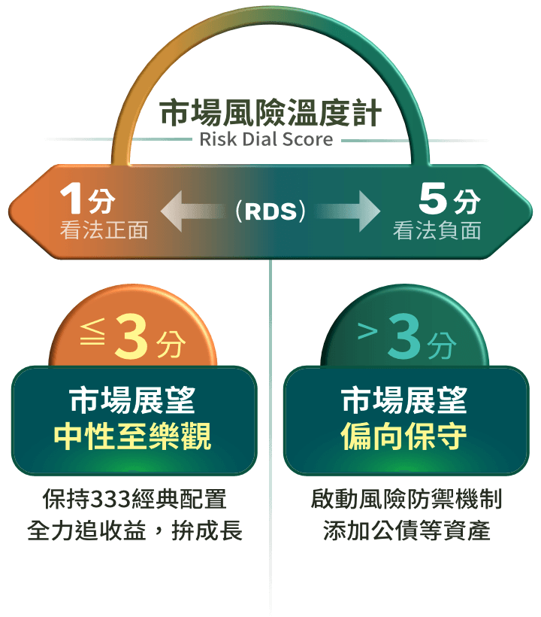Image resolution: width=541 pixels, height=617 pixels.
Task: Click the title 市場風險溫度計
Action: tap(270, 115)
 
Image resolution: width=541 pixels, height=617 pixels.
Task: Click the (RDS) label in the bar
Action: tap(270, 212)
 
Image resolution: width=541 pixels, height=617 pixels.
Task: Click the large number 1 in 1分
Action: tap(72, 200)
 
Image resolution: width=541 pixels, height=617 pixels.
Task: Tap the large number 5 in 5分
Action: tap(434, 200)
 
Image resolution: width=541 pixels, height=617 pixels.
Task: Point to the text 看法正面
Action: tap(104, 230)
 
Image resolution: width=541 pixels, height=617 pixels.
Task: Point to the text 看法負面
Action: tap(437, 230)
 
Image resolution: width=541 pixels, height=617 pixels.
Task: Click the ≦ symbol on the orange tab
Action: tap(93, 336)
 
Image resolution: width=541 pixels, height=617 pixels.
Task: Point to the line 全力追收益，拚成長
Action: tap(134, 531)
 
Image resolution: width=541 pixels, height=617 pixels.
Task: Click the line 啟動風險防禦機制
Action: tap(407, 499)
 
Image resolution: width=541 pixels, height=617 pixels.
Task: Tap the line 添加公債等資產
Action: tap(407, 531)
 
